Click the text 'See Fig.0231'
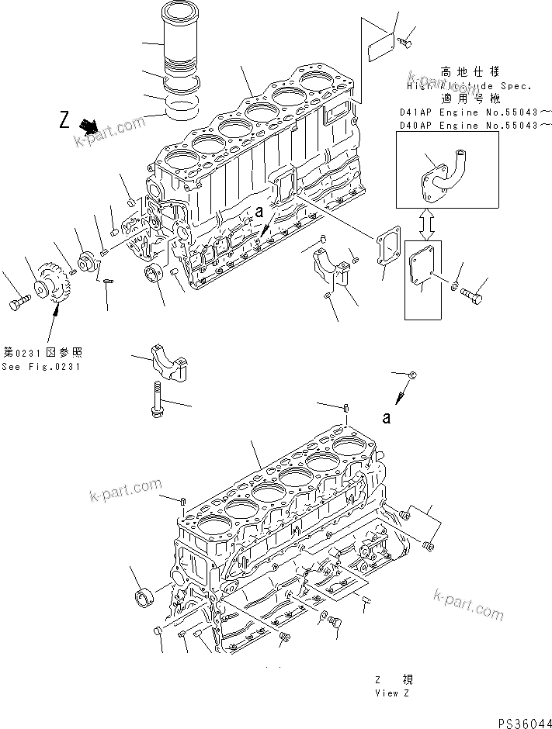pos(40,367)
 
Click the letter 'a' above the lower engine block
pos(385,418)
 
